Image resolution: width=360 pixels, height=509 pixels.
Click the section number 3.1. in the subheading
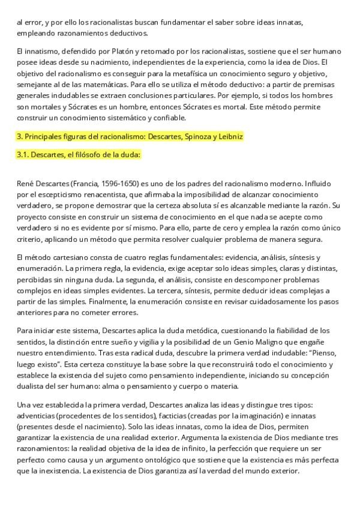click(x=25, y=155)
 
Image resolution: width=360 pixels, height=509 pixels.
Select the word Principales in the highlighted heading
click(x=46, y=137)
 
